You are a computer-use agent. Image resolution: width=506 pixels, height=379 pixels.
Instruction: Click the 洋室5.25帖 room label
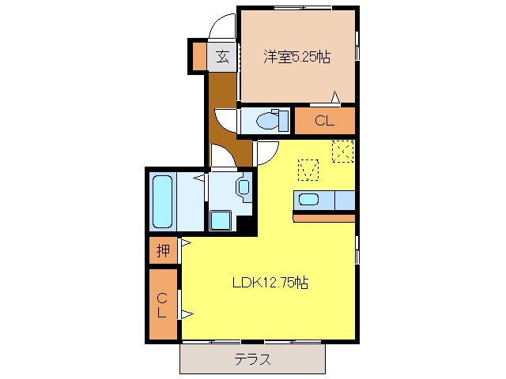point(296,56)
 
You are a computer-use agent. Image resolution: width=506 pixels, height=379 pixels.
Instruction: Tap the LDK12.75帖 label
point(270,283)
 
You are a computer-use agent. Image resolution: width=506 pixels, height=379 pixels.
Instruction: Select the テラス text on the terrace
point(253,359)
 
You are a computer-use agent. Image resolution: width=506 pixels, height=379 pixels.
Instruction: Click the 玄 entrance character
point(222,56)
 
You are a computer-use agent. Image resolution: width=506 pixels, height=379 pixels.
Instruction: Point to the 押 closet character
point(163,252)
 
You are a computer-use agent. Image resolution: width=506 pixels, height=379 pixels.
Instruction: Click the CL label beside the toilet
point(324,121)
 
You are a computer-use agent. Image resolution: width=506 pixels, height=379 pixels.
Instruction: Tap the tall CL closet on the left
point(163,305)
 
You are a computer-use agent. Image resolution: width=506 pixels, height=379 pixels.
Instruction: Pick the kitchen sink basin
point(308,199)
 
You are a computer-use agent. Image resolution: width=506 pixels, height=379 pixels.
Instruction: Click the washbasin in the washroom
point(243,188)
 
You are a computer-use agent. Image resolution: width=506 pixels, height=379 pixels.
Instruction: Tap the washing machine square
point(219,219)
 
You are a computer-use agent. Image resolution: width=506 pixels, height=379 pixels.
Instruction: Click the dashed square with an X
point(342,150)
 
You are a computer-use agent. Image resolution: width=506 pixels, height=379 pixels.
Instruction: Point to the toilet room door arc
point(226,120)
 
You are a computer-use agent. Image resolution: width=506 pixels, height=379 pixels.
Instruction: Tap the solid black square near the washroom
point(247,224)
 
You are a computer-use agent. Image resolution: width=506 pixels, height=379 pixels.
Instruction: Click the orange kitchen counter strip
point(324,216)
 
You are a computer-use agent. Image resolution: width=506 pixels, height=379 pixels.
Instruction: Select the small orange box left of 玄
point(197,56)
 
